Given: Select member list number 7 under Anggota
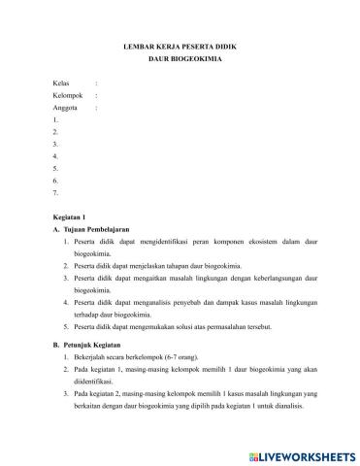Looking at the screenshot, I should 57,192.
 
